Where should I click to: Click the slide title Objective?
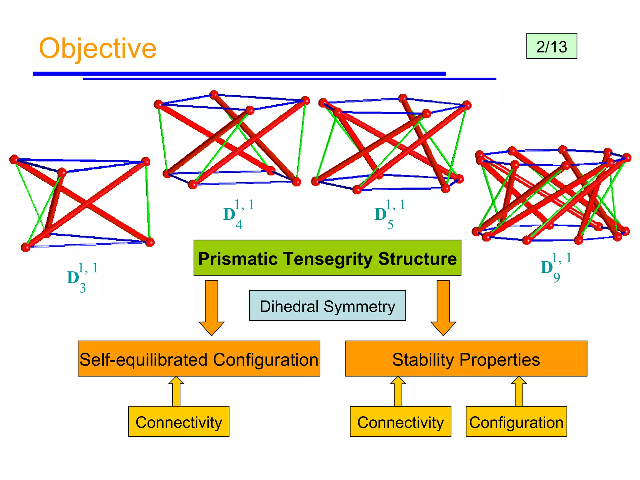(x=97, y=48)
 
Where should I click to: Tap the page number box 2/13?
(x=552, y=46)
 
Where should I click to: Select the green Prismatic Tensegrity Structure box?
(x=327, y=258)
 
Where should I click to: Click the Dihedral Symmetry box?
(x=327, y=306)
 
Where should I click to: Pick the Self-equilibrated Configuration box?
(x=199, y=359)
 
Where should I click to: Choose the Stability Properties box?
(x=466, y=359)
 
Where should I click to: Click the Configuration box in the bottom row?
(x=516, y=422)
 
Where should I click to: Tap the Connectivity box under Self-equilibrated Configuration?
(x=178, y=422)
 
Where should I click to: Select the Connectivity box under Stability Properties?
(x=400, y=422)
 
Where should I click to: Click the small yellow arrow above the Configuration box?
(x=519, y=391)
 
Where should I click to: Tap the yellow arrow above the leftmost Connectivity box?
(x=176, y=391)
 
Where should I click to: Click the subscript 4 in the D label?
(x=239, y=225)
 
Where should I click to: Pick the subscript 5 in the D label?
(x=390, y=225)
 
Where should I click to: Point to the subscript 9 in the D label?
(x=557, y=277)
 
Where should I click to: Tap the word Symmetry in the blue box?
(x=359, y=306)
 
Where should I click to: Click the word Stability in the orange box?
(x=422, y=359)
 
